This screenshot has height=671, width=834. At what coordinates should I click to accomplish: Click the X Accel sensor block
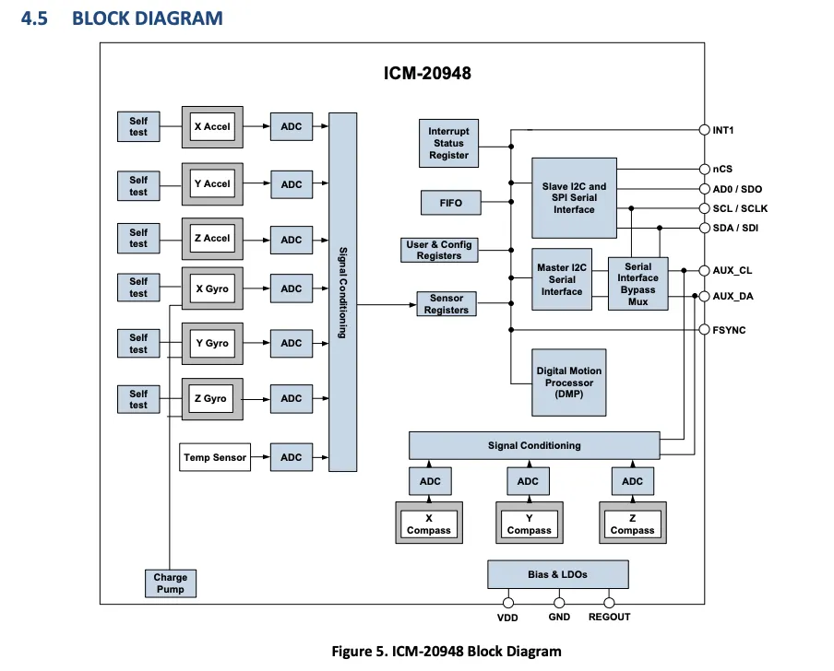coord(212,126)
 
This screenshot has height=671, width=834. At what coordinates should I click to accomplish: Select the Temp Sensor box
coord(215,457)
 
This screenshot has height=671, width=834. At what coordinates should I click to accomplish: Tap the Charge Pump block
coord(171,583)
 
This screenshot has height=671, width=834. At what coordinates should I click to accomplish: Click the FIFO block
coord(451,203)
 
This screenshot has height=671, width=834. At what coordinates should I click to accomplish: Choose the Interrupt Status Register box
coord(448,143)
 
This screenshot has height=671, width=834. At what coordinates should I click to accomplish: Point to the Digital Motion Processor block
coord(569,383)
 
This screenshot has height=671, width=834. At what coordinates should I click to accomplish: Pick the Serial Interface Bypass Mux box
coord(637,284)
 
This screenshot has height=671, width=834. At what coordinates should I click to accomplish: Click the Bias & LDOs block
coord(557,574)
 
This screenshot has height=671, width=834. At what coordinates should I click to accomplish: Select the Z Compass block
coord(632,524)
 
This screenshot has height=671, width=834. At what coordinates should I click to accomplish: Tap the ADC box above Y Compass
coord(528,481)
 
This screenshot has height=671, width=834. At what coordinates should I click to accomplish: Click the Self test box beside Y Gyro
coord(138,344)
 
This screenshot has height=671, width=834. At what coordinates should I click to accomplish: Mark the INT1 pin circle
coord(704,130)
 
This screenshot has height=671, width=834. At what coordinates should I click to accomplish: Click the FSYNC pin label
coord(730,329)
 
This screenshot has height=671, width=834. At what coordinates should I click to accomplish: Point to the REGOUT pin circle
coord(610,603)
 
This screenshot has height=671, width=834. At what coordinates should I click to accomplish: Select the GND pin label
coord(559,617)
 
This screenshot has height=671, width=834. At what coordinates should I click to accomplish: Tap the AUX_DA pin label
coord(734,297)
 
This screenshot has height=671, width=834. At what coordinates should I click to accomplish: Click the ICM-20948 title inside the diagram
coord(427,73)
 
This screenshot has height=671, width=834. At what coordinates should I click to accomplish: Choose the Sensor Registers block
coord(447,304)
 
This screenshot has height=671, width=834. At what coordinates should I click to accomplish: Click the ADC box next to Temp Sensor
coord(292,457)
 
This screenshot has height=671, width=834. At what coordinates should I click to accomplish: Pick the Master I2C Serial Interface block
coord(562,279)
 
